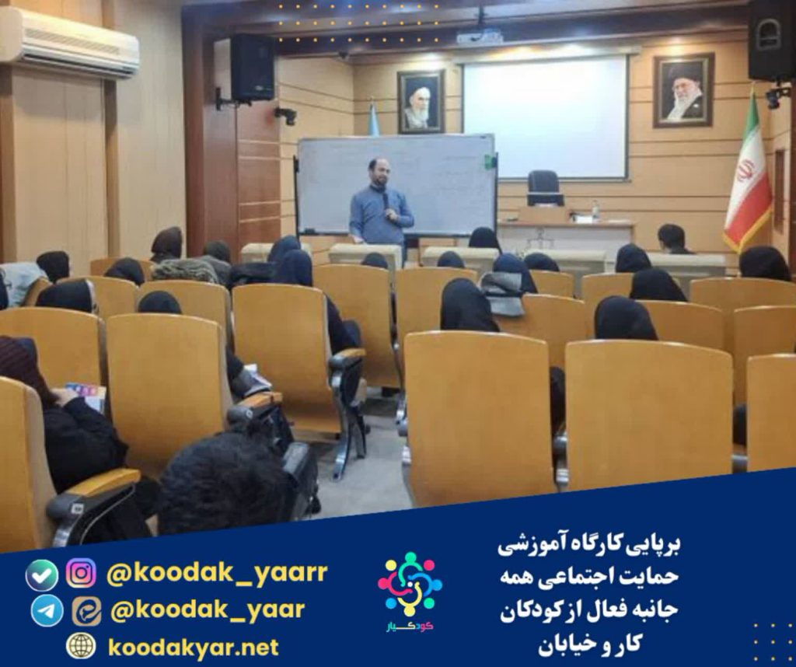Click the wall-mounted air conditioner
point(68,42)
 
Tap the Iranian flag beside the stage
point(747,173)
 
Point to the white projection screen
point(545,117)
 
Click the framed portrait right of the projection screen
point(683,90)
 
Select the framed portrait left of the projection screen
point(421,102)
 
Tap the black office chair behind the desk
point(545,188)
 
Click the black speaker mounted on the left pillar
point(252,68)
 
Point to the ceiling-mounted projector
point(479,36)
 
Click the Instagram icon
point(81,573)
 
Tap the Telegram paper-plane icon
point(47,610)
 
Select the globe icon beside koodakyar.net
point(81,646)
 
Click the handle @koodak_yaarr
point(217,573)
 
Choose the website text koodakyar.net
point(194,648)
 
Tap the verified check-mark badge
point(42,575)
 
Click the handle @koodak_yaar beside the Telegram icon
point(207,610)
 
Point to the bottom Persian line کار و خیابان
point(589,646)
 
